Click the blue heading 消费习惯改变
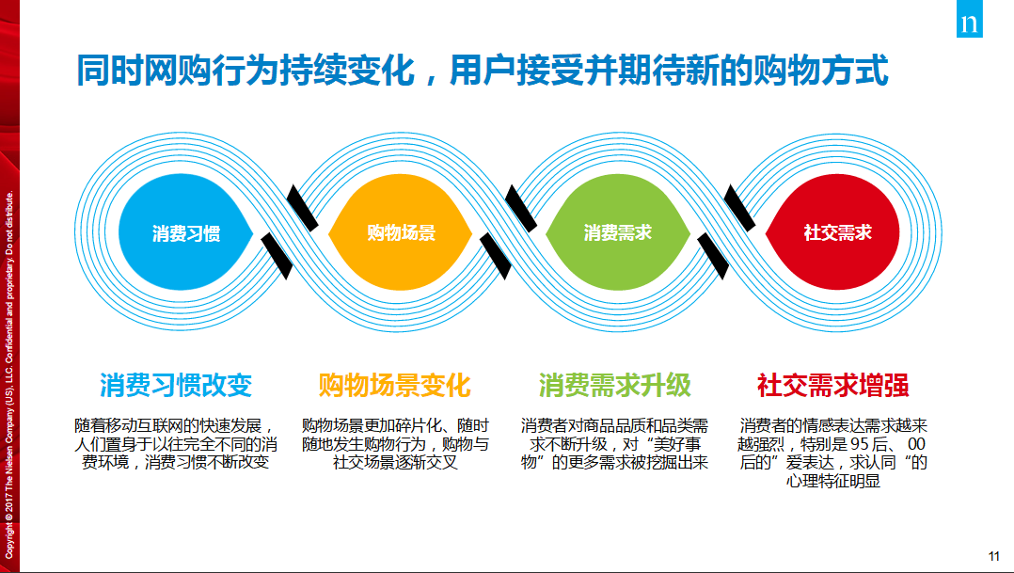coord(176,385)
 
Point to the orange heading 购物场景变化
coord(394,385)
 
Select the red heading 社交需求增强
coord(833,385)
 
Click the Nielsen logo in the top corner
coord(969,24)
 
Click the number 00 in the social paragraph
coord(918,444)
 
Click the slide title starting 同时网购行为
coord(482,71)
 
